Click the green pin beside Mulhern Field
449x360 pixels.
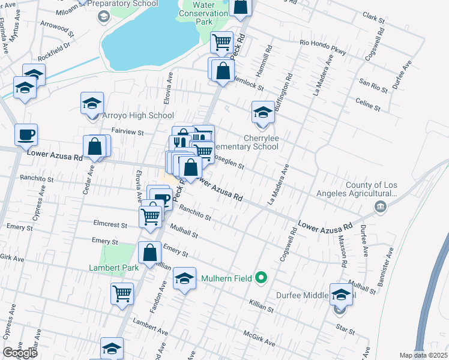[x=261, y=278]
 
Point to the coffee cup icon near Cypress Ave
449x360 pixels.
[x=26, y=135]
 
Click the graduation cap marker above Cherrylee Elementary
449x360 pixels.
[x=262, y=112]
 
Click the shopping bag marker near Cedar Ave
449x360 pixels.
[x=95, y=146]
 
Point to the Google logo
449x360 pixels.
[x=20, y=353]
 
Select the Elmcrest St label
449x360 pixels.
[x=111, y=226]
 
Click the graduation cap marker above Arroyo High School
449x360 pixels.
[x=92, y=103]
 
